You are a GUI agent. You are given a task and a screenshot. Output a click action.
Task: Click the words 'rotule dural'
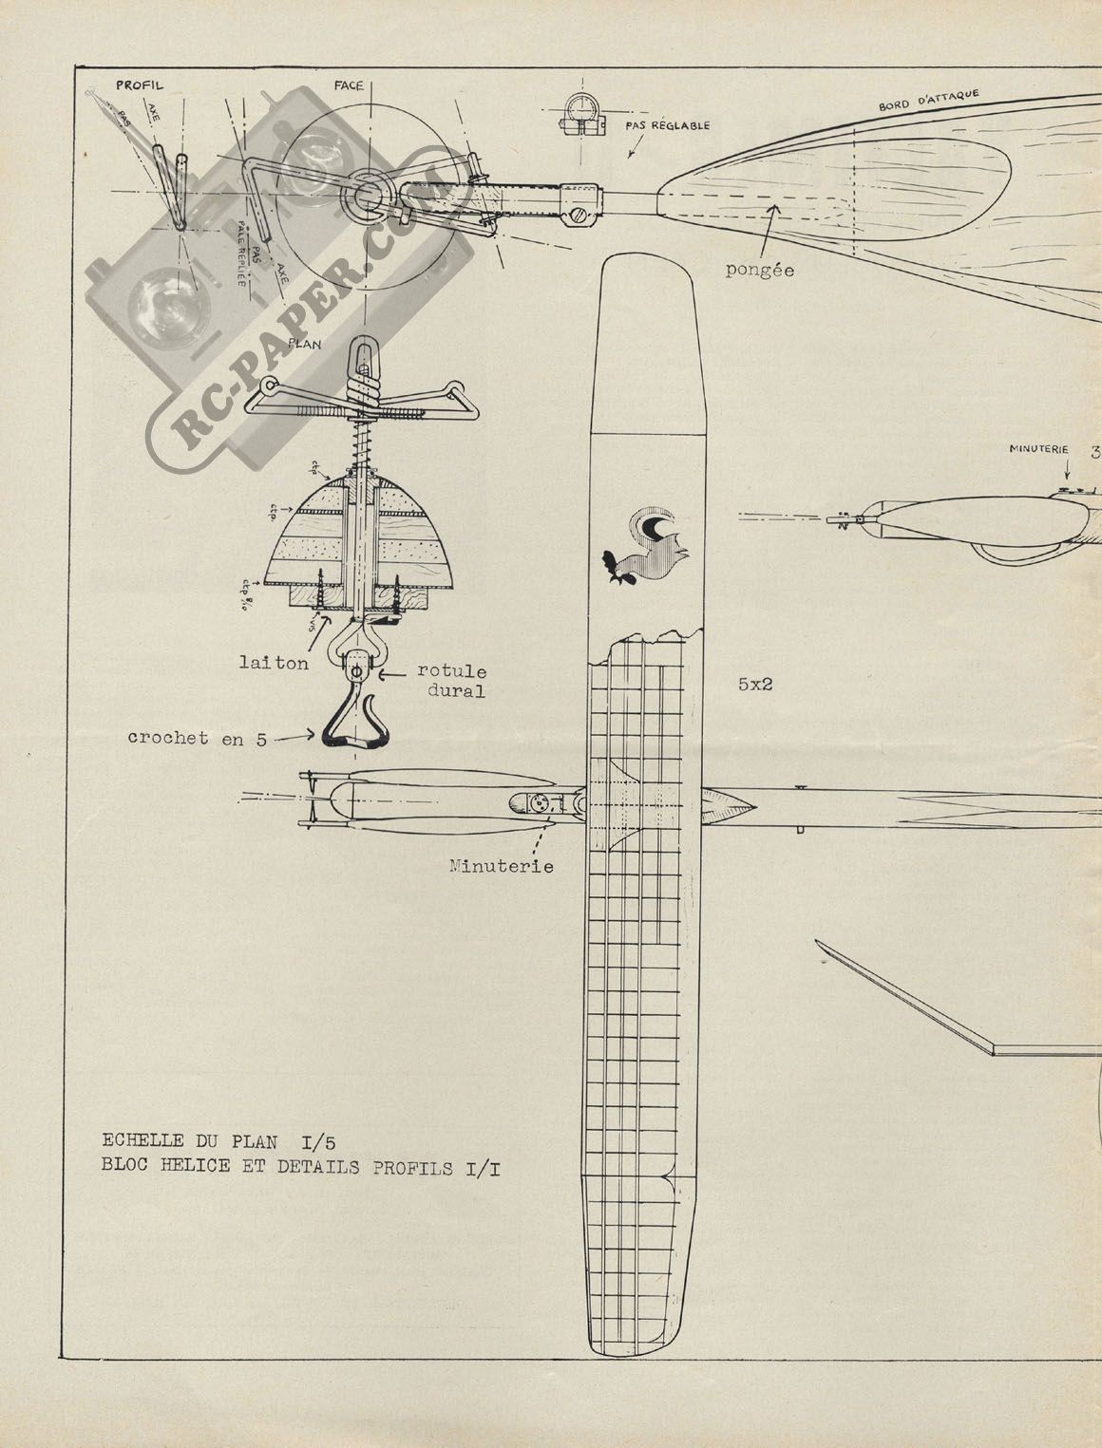coord(451,680)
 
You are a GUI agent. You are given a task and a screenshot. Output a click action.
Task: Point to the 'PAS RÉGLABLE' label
coord(667,125)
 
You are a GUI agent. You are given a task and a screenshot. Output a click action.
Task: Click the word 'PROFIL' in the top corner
coord(139,85)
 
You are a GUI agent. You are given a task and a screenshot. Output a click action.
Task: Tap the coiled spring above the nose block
coord(362,436)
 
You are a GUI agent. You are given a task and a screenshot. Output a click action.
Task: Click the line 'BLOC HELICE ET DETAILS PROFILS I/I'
coord(301,1167)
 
